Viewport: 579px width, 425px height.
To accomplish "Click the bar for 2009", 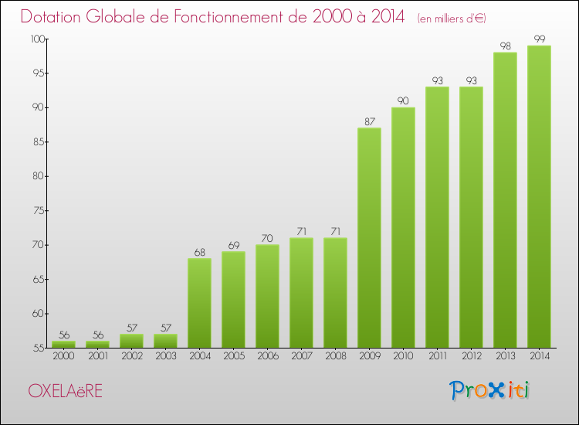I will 369,237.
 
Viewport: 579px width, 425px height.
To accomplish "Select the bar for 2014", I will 539,196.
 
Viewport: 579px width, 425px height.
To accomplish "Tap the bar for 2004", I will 199,302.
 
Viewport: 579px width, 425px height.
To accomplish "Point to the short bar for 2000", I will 63,345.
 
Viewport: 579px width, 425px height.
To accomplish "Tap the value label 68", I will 199,253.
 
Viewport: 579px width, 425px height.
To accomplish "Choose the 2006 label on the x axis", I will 267,357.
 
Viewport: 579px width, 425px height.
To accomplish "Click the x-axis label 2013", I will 505,357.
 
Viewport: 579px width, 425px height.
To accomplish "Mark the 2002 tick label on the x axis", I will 131,357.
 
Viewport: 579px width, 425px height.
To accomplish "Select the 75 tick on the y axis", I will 36,211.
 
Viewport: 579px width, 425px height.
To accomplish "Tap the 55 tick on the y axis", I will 36,348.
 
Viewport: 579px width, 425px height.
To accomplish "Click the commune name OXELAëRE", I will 65,391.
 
